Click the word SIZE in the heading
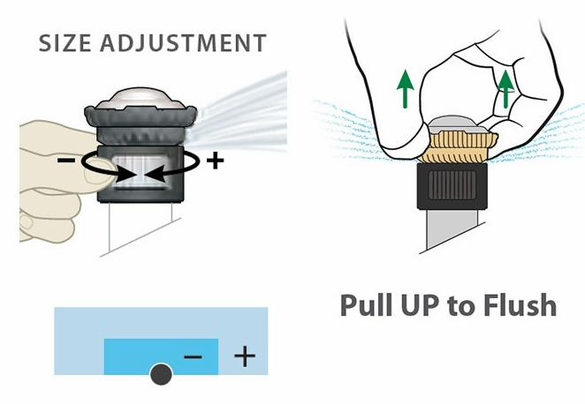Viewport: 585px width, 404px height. pyautogui.click(x=65, y=43)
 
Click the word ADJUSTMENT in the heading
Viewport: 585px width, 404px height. pyautogui.click(x=183, y=43)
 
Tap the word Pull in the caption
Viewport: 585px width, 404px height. pyautogui.click(x=365, y=305)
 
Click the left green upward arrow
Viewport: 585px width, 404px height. pyautogui.click(x=406, y=89)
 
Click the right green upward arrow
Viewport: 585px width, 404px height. pyautogui.click(x=505, y=88)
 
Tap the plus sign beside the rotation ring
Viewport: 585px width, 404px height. pyautogui.click(x=215, y=161)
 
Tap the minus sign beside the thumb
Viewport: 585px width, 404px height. pyautogui.click(x=66, y=161)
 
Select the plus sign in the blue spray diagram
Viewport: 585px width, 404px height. pyautogui.click(x=245, y=356)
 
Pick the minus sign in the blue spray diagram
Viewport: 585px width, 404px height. pyautogui.click(x=194, y=357)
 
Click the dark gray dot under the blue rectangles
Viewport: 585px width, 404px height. pyautogui.click(x=161, y=374)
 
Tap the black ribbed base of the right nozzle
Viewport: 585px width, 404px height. pyautogui.click(x=452, y=186)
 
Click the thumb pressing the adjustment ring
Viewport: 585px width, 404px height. pyautogui.click(x=100, y=171)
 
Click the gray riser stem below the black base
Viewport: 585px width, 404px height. pyautogui.click(x=452, y=228)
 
